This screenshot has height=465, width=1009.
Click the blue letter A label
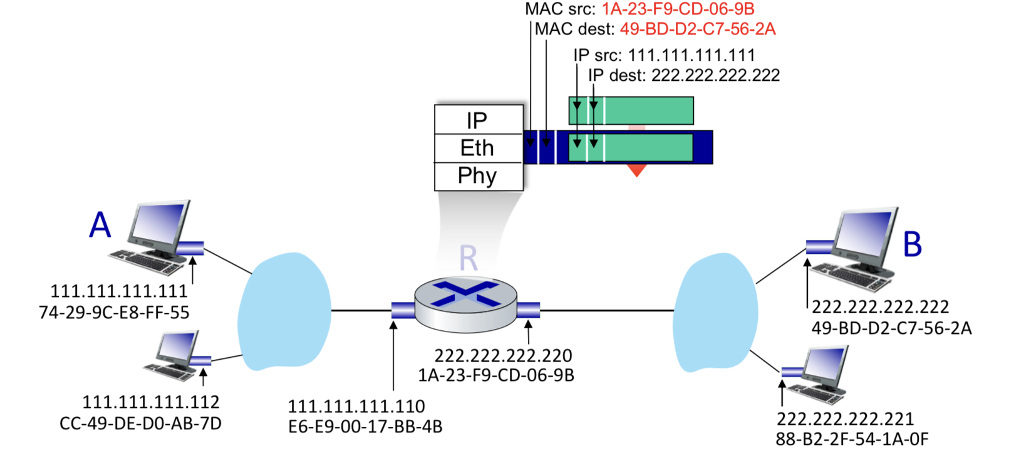[100, 225]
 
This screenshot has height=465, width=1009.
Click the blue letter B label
[913, 244]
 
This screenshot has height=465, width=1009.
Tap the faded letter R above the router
[468, 258]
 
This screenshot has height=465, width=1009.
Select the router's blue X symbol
[466, 294]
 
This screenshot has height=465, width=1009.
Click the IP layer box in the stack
[477, 120]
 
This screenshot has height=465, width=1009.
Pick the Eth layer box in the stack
[477, 148]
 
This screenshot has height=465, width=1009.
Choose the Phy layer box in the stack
[477, 176]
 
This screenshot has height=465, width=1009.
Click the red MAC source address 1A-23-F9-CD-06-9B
[678, 9]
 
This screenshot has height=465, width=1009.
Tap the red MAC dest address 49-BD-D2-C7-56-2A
[697, 29]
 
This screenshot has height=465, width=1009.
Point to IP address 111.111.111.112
[151, 402]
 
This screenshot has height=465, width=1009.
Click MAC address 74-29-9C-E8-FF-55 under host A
[114, 312]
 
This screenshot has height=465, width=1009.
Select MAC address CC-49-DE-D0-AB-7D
[140, 424]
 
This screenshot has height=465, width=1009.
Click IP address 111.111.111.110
[356, 406]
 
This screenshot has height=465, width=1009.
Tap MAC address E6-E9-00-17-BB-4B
[365, 427]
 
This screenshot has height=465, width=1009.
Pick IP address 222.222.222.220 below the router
[504, 355]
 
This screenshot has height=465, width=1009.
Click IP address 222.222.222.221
[845, 419]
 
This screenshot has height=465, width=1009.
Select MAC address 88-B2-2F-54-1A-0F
[852, 439]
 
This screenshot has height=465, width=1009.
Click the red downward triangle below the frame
[636, 170]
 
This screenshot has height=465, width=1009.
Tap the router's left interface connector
[403, 310]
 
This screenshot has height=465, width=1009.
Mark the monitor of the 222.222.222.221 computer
[825, 366]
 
